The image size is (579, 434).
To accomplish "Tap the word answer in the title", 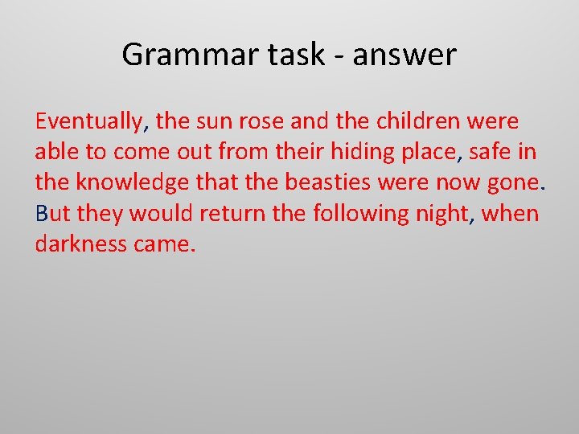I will click(404, 55).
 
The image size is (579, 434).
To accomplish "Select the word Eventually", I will click(88, 122).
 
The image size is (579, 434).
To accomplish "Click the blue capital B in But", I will click(42, 214).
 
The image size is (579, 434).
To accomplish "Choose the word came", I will click(165, 244).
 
